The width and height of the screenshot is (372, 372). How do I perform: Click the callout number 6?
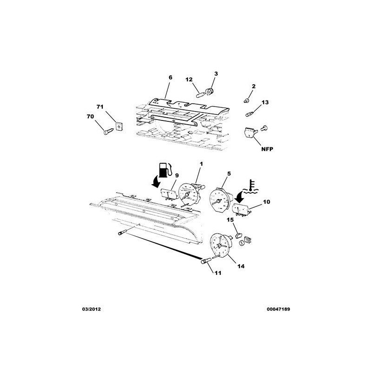[x=170, y=78]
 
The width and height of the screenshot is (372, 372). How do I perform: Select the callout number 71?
[x=100, y=107]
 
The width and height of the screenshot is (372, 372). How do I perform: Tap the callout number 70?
[x=90, y=117]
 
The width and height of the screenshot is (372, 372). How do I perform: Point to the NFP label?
[x=267, y=149]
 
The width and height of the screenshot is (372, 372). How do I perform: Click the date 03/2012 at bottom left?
[x=91, y=309]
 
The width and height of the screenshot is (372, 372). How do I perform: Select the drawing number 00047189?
[x=278, y=309]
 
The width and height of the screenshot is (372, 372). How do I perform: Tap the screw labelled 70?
[x=109, y=131]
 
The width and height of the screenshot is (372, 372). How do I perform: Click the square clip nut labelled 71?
[x=120, y=126]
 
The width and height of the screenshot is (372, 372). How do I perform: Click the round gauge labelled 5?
[x=220, y=199]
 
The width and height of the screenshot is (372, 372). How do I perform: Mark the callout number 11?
[x=218, y=273]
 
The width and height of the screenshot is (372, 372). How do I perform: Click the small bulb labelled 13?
[x=250, y=114]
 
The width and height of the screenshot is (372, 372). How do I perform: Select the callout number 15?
[x=230, y=220]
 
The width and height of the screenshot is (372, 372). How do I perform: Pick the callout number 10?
[x=266, y=202]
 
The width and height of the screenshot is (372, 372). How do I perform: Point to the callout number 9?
[x=177, y=175]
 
